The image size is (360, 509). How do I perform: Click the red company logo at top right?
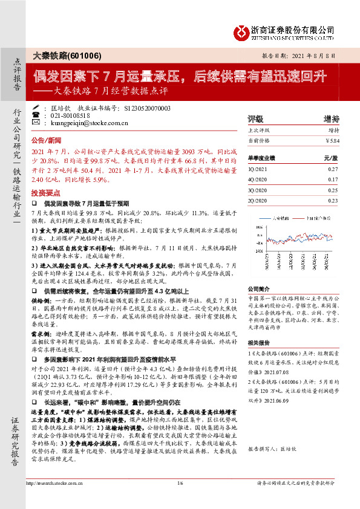pos(241,31)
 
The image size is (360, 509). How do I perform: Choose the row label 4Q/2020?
pos(258,180)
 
